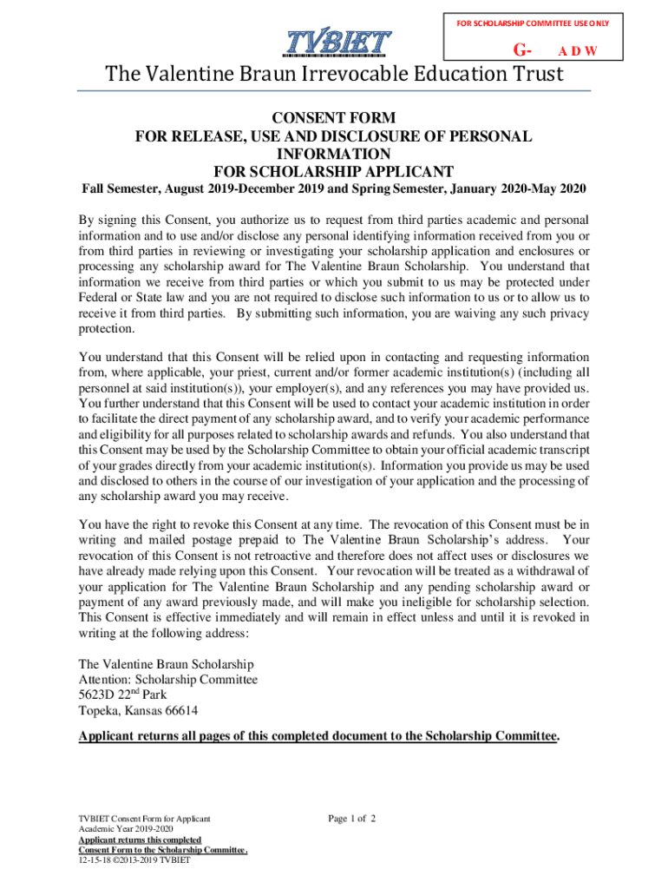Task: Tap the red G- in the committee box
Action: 522,50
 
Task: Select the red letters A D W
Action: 577,51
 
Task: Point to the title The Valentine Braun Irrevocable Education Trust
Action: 334,76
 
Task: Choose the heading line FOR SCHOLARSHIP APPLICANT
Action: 334,171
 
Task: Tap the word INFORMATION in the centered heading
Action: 334,154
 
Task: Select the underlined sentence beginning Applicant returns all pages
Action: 319,736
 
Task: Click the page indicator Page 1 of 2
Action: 351,818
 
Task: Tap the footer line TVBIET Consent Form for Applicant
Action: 144,819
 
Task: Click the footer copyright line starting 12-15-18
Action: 134,860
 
